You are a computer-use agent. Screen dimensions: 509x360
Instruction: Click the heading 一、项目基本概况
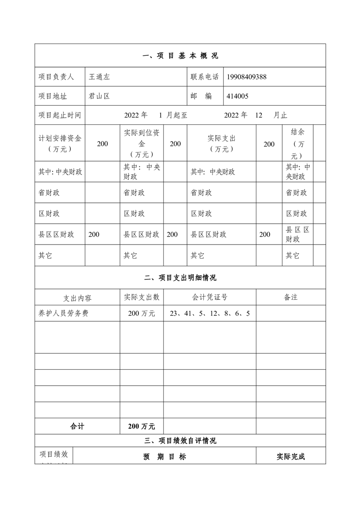pos(180,56)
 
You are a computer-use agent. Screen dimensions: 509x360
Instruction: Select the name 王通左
pos(99,77)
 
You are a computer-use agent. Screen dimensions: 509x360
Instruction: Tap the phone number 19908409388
pos(247,77)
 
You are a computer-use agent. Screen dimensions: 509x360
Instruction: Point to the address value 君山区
pos(99,96)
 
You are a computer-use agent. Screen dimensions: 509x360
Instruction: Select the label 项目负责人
pos(56,77)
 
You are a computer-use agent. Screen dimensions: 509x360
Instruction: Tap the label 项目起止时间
pos(59,115)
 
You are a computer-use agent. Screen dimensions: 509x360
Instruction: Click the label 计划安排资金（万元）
pos(59,143)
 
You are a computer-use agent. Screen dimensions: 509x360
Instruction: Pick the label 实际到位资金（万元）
pos(142,143)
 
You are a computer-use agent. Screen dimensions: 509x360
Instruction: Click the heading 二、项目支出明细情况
pos(180,278)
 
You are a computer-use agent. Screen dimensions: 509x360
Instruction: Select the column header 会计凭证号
pos(210,297)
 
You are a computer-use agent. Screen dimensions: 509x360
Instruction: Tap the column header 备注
pos(291,297)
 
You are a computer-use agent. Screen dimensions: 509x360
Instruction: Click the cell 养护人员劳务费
pos(64,313)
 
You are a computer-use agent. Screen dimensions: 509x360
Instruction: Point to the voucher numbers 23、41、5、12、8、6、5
pos(210,313)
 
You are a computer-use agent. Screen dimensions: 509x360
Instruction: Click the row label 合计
pos(77,426)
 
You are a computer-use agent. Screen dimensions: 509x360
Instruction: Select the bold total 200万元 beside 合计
pos(142,426)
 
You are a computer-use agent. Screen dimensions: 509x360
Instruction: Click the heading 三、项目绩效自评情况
pos(180,440)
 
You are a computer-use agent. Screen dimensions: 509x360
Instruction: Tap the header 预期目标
pos(164,457)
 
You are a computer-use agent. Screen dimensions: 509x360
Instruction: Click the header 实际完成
pos(291,457)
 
